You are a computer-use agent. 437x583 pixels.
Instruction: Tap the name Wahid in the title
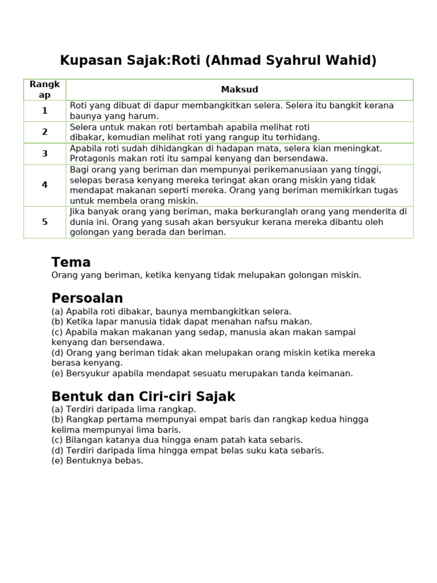pos(354,60)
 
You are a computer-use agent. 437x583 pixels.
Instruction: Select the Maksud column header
pos(240,89)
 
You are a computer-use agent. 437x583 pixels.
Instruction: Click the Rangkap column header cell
pos(44,89)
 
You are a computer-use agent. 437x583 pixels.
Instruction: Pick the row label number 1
pos(44,110)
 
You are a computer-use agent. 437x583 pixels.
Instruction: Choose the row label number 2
pos(44,132)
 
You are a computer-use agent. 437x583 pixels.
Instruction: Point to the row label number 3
pos(44,154)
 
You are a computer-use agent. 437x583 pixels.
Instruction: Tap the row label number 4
pos(44,185)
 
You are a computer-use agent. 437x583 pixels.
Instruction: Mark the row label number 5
pos(44,222)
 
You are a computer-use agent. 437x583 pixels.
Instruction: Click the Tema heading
pos(71,262)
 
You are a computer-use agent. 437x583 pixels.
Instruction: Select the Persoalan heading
pos(87,298)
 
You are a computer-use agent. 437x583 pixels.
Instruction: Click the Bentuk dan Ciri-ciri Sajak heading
pos(143,397)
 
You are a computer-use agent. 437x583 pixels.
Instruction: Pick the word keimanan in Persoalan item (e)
pos(332,373)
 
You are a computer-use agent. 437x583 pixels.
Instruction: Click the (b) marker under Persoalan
pos(57,322)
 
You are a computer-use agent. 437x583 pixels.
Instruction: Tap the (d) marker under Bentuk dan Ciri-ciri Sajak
pos(57,450)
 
